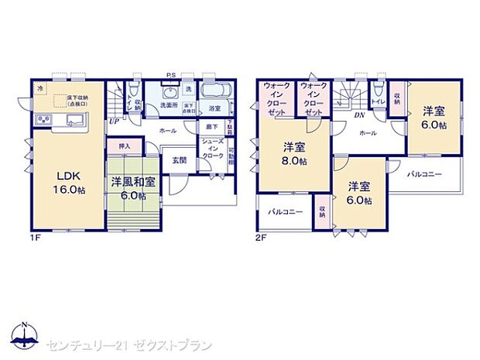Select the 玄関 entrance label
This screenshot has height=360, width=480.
(x=177, y=159)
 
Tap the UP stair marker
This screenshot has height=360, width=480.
(x=114, y=121)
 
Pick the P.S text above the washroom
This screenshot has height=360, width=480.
(x=170, y=74)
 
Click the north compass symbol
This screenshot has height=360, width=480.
(x=25, y=334)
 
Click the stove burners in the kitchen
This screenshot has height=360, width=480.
(x=43, y=120)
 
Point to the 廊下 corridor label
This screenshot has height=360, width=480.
(x=211, y=126)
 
